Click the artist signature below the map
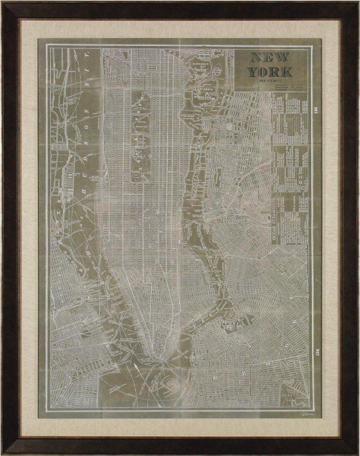click(298, 414)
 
